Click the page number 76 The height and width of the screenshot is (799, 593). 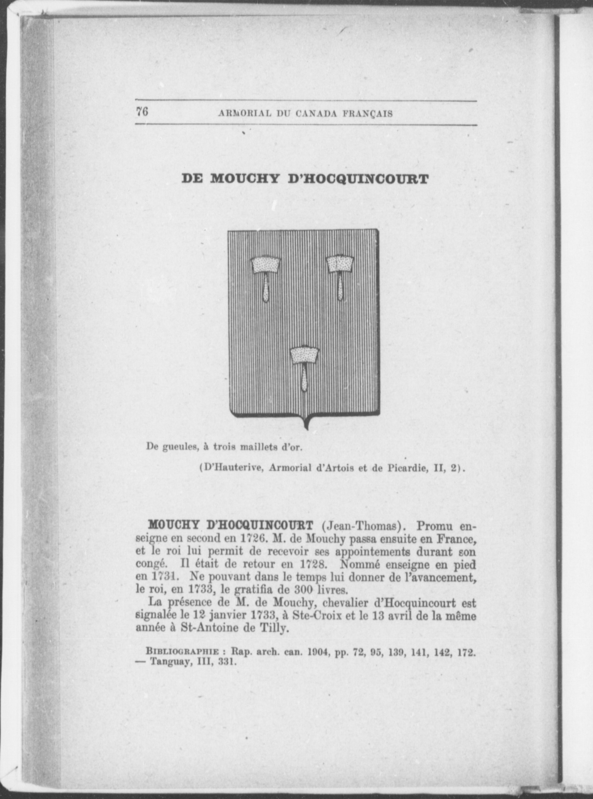pos(142,112)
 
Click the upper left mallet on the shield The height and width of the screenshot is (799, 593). pos(266,277)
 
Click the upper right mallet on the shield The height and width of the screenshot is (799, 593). pos(340,277)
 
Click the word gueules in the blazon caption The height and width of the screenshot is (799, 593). pos(178,447)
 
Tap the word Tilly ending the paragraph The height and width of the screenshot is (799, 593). pos(273,629)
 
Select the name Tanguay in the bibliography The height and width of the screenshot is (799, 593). pos(171,663)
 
